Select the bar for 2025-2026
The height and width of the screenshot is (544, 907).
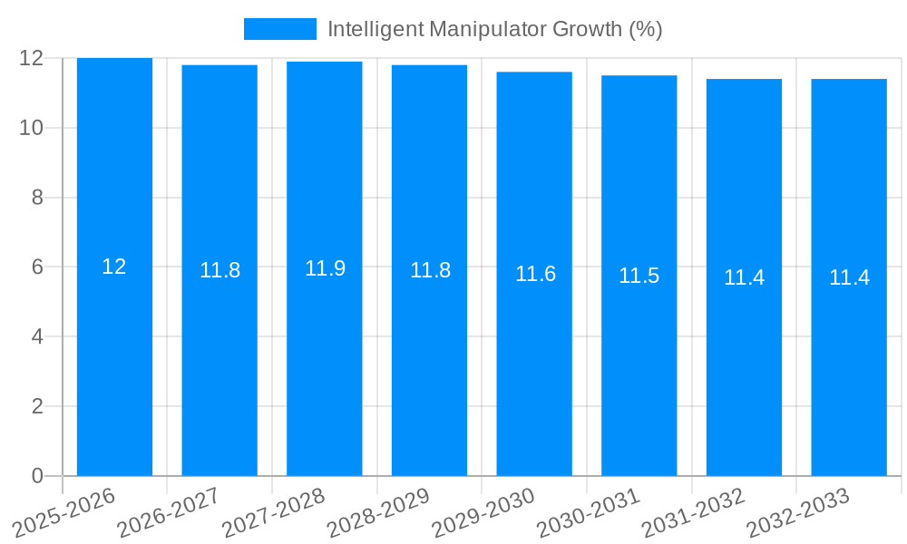click(x=114, y=363)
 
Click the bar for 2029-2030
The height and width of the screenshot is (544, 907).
click(x=534, y=363)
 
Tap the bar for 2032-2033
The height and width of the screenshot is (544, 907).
click(x=849, y=363)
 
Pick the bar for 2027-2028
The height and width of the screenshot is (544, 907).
click(x=325, y=363)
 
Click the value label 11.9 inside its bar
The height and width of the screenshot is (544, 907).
click(x=325, y=268)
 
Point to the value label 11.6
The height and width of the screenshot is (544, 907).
click(x=535, y=274)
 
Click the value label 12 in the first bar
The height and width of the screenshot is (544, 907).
click(x=114, y=267)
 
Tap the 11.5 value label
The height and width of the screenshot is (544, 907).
click(x=639, y=276)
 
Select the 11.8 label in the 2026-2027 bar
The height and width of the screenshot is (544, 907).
click(x=219, y=270)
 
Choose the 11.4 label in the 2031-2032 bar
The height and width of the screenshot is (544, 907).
click(x=744, y=277)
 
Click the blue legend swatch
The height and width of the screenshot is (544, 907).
click(x=280, y=29)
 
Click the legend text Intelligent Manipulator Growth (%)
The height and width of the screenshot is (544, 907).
click(x=494, y=29)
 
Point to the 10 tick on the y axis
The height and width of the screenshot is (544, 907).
click(x=32, y=128)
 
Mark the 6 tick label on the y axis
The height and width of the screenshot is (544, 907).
click(x=37, y=267)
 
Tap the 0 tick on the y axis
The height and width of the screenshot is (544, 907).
click(x=37, y=476)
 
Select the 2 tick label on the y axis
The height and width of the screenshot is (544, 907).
click(x=37, y=406)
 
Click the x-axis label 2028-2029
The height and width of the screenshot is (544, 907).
click(x=379, y=513)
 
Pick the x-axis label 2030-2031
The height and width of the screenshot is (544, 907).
click(x=590, y=513)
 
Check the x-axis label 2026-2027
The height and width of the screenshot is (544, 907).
click(x=170, y=513)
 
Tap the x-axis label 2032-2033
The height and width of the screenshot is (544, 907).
click(x=799, y=513)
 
